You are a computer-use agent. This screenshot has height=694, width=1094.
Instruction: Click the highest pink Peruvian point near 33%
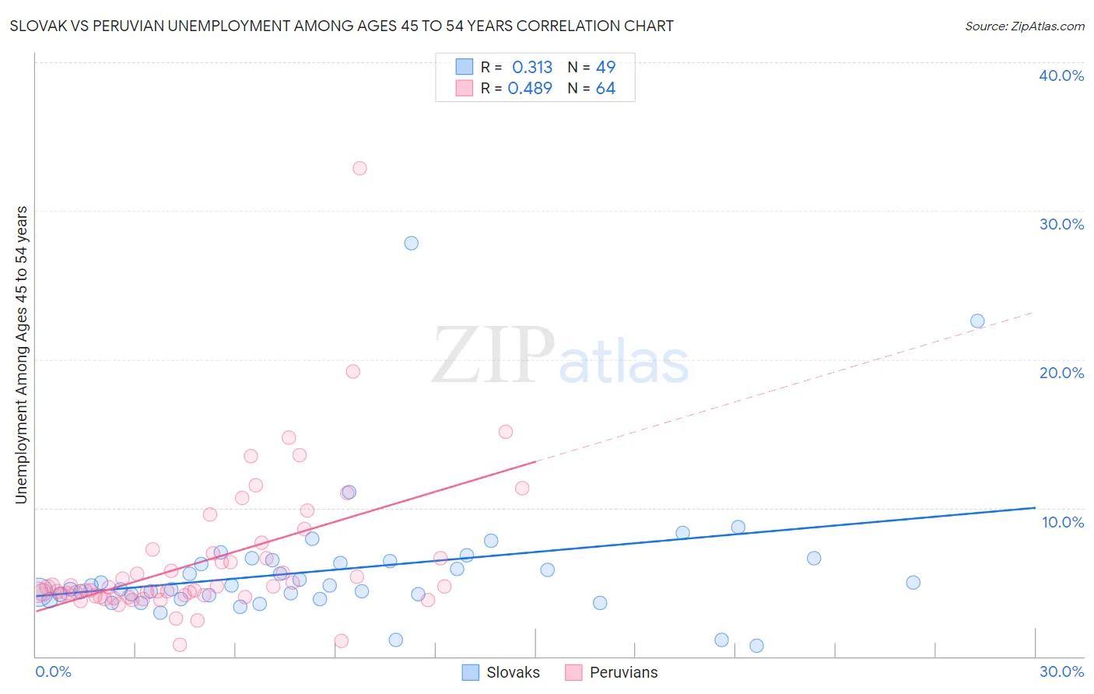359,168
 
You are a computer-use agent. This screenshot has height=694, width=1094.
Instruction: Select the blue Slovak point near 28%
411,243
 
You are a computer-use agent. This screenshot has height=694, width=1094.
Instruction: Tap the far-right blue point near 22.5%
977,321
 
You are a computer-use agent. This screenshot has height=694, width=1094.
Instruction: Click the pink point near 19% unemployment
352,371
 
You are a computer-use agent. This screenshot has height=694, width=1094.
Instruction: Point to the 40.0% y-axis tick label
1061,75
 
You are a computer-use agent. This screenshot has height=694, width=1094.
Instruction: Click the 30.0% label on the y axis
1061,224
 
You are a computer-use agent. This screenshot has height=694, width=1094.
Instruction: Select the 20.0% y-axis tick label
1061,373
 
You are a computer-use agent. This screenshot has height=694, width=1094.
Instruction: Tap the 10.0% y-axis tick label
1063,522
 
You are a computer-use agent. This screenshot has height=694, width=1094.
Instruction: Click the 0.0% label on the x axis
53,671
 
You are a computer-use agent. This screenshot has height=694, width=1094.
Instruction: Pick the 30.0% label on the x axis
1061,671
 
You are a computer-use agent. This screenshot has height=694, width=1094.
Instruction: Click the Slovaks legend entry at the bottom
501,672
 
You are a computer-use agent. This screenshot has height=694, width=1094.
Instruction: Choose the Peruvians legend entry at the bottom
612,672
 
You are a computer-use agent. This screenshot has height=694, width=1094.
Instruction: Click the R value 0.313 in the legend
532,67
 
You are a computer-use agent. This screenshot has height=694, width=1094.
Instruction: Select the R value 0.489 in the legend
530,89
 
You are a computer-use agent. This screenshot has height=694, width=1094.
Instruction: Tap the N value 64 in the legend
605,89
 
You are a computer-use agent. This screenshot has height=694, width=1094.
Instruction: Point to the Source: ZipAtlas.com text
1024,26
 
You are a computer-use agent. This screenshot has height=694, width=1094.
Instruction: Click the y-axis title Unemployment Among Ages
21,354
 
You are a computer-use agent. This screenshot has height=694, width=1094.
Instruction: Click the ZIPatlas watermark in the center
560,356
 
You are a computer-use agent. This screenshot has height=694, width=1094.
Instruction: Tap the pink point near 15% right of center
505,432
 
